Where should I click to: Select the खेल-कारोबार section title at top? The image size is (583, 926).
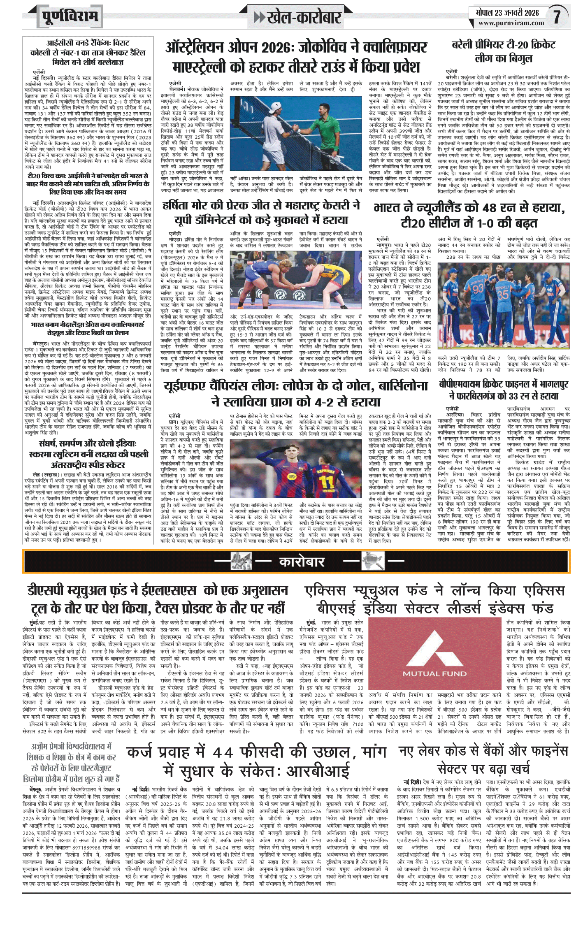click(304, 18)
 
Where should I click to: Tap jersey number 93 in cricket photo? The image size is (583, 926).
click(478, 288)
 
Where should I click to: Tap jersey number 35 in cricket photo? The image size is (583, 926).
click(503, 294)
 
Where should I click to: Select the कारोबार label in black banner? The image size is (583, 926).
click(302, 562)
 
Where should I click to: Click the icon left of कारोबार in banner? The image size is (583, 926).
click(241, 562)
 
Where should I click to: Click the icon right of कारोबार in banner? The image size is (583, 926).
click(372, 562)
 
